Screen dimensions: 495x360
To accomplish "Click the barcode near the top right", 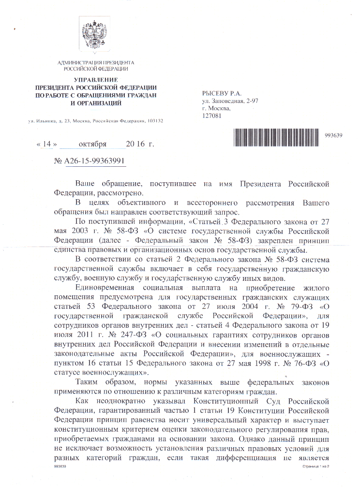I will pyautogui.click(x=278, y=136).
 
